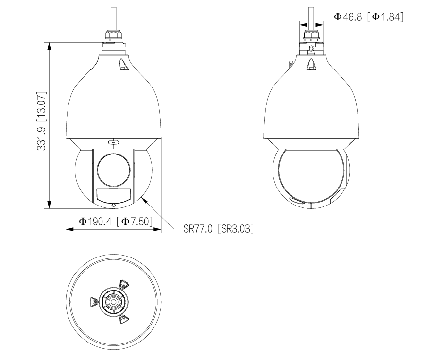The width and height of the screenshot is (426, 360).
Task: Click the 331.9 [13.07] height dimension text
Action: click(42, 120)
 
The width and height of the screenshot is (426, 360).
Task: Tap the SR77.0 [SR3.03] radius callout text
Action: click(219, 228)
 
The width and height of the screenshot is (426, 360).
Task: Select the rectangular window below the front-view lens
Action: click(113, 196)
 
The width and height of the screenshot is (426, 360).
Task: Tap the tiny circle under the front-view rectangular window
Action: click(114, 206)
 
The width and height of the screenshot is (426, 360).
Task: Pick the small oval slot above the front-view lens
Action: click(114, 142)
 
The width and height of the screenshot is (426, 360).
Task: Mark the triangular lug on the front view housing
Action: click(121, 64)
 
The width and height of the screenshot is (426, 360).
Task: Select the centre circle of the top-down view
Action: click(113, 302)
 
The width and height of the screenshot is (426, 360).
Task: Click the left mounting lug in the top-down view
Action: click(94, 302)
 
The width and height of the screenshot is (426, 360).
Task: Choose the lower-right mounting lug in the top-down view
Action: click(123, 318)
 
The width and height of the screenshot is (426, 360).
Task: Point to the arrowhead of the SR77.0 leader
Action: click(143, 197)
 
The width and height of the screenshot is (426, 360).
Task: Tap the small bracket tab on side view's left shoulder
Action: click(290, 64)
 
